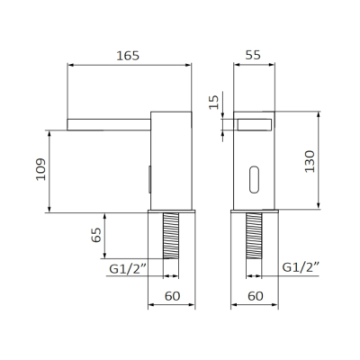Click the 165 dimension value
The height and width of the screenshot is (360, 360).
pyautogui.click(x=128, y=56)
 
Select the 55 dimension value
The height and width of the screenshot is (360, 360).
pyautogui.click(x=253, y=55)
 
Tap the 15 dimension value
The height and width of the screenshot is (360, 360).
pyautogui.click(x=214, y=103)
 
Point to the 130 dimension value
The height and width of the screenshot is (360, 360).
pyautogui.click(x=310, y=161)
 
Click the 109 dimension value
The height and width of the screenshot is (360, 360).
pyautogui.click(x=40, y=169)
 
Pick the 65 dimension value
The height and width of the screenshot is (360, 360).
pyautogui.click(x=96, y=235)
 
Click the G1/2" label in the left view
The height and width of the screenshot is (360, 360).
pyautogui.click(x=128, y=268)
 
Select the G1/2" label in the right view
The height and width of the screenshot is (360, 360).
pyautogui.click(x=301, y=266)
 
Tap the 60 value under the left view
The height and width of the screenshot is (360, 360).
pyautogui.click(x=173, y=296)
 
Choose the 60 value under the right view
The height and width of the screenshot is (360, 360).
pyautogui.click(x=256, y=296)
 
